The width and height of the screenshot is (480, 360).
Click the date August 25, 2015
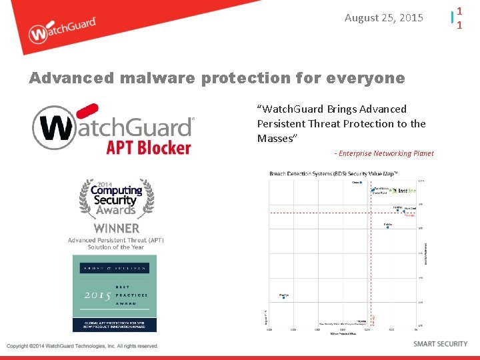click(x=383, y=18)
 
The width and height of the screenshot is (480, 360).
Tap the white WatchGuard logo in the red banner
click(x=63, y=30)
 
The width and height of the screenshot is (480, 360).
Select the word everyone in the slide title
click(x=369, y=78)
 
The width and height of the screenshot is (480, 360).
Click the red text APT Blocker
click(x=149, y=147)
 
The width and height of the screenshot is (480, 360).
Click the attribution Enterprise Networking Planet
click(x=385, y=153)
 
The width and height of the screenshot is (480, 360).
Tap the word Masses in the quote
click(x=277, y=139)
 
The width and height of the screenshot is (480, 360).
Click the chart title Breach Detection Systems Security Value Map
click(x=333, y=174)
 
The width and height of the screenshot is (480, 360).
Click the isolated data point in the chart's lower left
click(x=283, y=297)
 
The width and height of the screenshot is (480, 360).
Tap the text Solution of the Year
click(x=115, y=247)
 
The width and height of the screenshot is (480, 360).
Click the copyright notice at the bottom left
click(x=83, y=346)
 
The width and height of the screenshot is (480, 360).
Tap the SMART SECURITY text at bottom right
click(x=440, y=344)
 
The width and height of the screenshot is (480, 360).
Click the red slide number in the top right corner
click(x=459, y=18)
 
